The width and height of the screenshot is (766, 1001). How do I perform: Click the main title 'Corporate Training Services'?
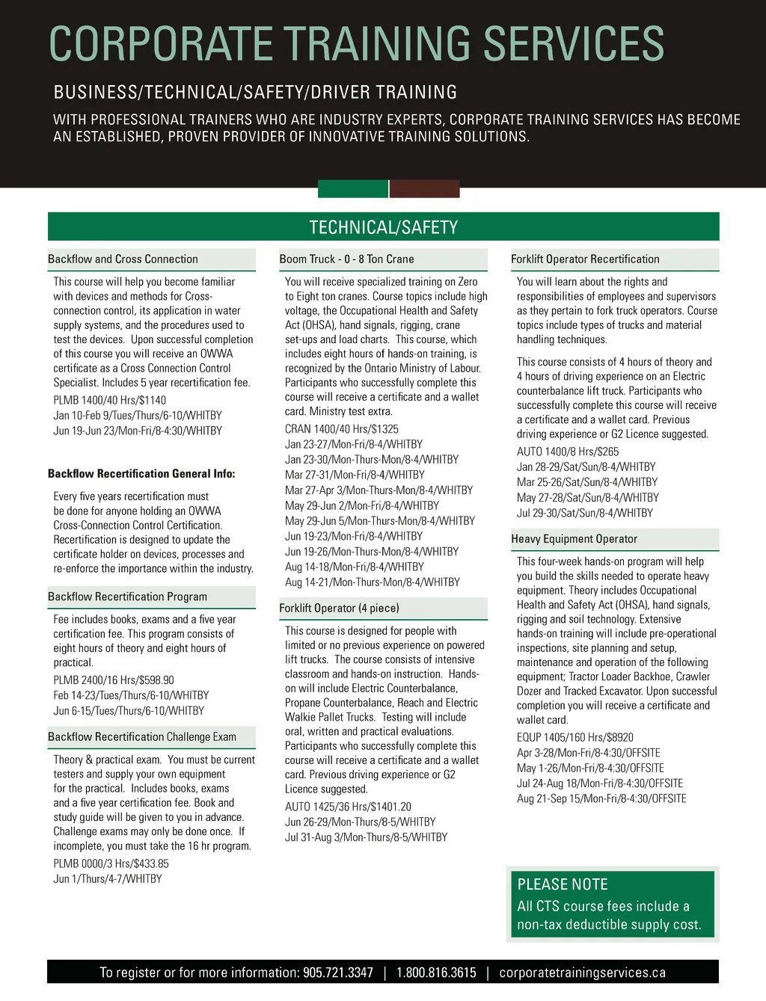coord(357,43)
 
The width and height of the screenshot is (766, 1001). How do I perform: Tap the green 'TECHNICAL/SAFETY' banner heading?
coord(383,227)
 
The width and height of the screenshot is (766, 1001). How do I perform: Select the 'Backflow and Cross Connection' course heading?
coord(123,259)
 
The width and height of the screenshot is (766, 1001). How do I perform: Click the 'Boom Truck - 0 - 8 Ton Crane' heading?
coord(346,259)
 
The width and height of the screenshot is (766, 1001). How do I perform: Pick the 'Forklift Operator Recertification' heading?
coord(585,259)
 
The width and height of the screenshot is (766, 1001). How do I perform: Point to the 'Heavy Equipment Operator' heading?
coord(574,539)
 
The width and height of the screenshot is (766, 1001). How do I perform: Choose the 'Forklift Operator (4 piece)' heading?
coord(339,609)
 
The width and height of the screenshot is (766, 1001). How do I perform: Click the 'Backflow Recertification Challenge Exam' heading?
coord(142,737)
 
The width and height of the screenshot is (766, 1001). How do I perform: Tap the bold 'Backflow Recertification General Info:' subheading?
coord(141,474)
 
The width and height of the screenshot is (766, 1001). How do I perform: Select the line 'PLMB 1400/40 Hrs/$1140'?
coord(110,400)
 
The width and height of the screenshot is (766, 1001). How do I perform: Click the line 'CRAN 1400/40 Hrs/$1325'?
coord(342,429)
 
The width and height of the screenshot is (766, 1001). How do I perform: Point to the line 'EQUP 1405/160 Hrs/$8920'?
coord(575,737)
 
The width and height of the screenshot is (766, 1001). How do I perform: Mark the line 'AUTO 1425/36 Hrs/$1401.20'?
coord(348,807)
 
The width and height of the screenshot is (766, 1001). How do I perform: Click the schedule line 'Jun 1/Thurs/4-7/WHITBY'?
coord(108,879)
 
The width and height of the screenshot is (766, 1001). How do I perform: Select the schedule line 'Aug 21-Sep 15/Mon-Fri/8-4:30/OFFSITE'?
coord(601,798)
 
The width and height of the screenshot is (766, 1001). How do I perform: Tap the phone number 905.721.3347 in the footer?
coord(337,973)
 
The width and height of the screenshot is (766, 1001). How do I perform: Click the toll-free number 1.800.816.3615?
coord(436,973)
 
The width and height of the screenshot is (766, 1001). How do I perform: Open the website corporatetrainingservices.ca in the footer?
coord(582,973)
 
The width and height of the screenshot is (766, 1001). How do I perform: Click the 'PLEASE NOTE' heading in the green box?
coord(563,884)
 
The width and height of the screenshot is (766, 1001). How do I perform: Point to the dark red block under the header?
coord(424,188)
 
